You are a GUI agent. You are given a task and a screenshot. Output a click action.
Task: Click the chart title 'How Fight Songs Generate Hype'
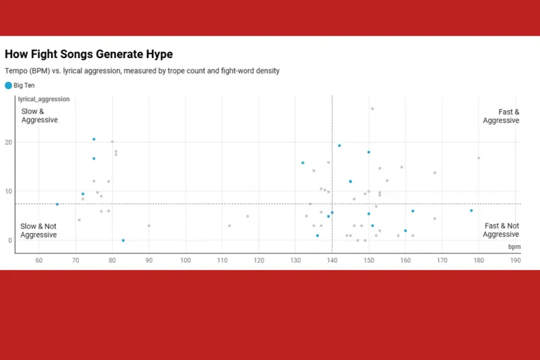click(88, 54)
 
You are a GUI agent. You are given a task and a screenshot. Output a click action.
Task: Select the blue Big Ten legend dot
click(8, 85)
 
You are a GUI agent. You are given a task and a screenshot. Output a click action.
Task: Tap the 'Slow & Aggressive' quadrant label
click(39, 115)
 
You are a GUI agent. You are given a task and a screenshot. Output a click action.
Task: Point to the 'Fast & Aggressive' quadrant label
click(501, 115)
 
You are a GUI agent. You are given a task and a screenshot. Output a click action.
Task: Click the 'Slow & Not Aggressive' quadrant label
click(38, 230)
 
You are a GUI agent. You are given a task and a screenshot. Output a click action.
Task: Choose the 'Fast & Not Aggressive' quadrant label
click(501, 230)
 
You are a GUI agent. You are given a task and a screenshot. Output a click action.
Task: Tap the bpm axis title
click(514, 247)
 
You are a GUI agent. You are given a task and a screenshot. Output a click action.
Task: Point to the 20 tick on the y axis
click(9, 143)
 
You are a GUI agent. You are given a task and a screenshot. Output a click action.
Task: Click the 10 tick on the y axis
click(9, 191)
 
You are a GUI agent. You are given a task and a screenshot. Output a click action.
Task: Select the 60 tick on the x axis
click(38, 260)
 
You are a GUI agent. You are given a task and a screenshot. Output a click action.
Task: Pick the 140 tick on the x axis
click(331, 260)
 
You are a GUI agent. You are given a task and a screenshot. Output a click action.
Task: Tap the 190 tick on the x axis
click(515, 260)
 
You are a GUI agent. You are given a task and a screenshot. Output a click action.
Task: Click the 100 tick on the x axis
click(185, 260)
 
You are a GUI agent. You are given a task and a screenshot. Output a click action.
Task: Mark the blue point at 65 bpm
click(57, 204)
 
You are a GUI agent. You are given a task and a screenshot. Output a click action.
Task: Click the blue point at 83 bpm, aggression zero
click(123, 240)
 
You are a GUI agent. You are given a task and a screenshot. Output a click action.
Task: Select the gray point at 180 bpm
click(479, 158)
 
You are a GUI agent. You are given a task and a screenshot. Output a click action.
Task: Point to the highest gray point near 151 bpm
click(372, 109)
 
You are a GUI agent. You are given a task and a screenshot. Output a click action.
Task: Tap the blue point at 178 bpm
click(471, 211)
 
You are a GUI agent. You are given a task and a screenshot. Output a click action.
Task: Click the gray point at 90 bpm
click(148, 226)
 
